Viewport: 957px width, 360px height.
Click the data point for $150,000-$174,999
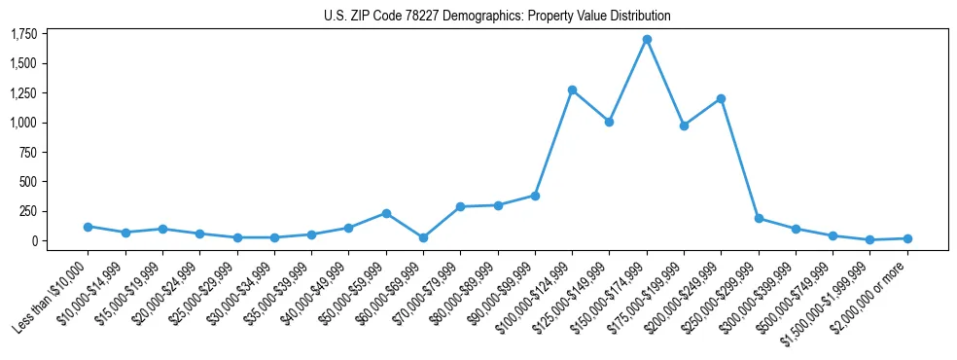(647, 40)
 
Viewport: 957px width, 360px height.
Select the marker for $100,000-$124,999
(572, 90)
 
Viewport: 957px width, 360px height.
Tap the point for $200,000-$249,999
(721, 98)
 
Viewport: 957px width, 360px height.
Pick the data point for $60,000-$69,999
(423, 237)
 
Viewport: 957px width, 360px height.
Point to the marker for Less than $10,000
(88, 227)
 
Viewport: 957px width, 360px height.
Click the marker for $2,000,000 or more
(907, 238)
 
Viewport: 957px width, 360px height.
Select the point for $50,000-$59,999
(386, 213)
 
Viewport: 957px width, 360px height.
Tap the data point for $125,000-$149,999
(609, 122)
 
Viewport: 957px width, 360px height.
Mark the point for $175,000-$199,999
(684, 126)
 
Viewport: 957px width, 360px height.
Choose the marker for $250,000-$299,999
(759, 219)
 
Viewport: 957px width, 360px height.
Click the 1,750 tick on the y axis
(22, 34)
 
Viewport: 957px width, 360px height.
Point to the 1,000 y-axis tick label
(22, 123)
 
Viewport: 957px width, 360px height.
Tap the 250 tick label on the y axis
(27, 211)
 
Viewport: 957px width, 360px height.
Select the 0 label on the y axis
(33, 240)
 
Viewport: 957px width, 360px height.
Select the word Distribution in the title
(637, 17)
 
